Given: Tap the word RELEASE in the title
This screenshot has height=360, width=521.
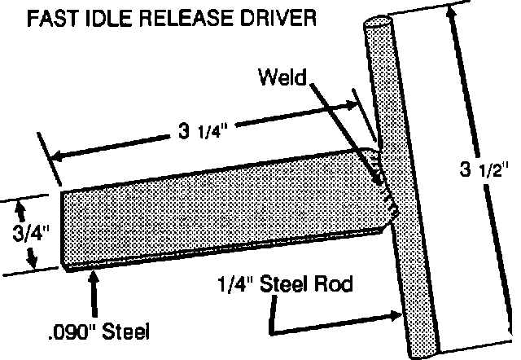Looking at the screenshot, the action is [182, 18].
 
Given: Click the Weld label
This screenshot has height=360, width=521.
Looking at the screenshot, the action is [280, 80].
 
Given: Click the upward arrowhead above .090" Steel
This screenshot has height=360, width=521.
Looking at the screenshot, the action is [96, 277].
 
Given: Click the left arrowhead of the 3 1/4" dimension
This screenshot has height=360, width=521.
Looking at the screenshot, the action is [55, 156].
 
